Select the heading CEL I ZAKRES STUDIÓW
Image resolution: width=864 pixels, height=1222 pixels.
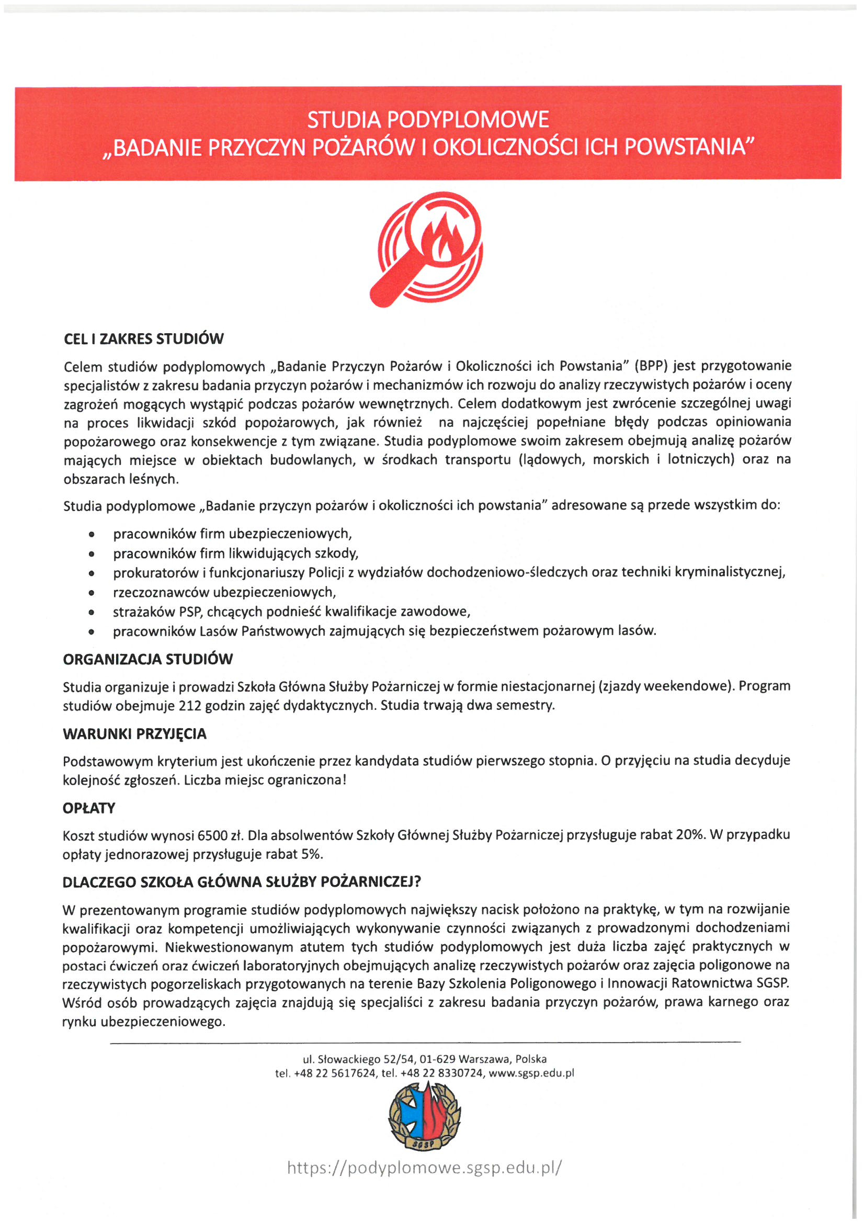tap(144, 339)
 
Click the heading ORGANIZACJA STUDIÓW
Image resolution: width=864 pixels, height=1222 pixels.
tap(148, 660)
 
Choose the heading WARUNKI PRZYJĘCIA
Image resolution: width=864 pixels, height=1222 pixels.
tap(134, 734)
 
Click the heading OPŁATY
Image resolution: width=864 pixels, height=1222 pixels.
tap(89, 808)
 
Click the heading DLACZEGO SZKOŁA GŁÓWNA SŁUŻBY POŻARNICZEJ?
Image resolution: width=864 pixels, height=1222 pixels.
tap(242, 882)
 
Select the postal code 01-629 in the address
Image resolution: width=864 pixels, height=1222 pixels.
tap(437, 1059)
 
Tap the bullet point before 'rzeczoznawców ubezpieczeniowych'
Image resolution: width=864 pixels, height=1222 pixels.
tap(93, 592)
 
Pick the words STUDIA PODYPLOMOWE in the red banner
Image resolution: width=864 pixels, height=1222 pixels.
tap(428, 120)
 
